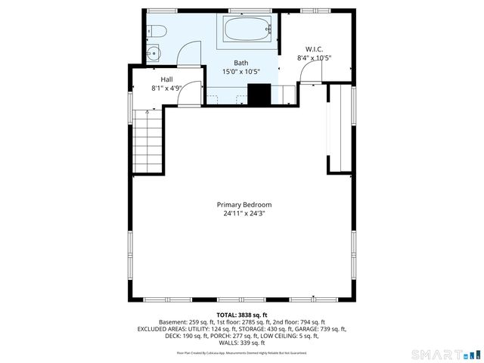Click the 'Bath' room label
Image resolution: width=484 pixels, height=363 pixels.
(x=240, y=64)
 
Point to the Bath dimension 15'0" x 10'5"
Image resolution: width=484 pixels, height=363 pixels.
(x=240, y=72)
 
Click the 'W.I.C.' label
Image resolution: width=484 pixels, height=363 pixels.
(x=314, y=49)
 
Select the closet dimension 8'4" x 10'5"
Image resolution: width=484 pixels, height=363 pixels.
(x=314, y=57)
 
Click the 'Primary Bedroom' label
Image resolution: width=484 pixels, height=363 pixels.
(x=244, y=205)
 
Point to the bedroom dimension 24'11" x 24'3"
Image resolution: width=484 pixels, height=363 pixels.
(x=244, y=214)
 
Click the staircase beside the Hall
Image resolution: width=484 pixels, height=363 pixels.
(x=148, y=140)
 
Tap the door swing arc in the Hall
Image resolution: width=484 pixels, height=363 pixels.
(x=191, y=92)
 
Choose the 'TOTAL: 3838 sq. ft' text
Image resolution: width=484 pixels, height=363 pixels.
(x=242, y=315)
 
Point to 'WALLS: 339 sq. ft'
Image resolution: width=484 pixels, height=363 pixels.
(x=242, y=343)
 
